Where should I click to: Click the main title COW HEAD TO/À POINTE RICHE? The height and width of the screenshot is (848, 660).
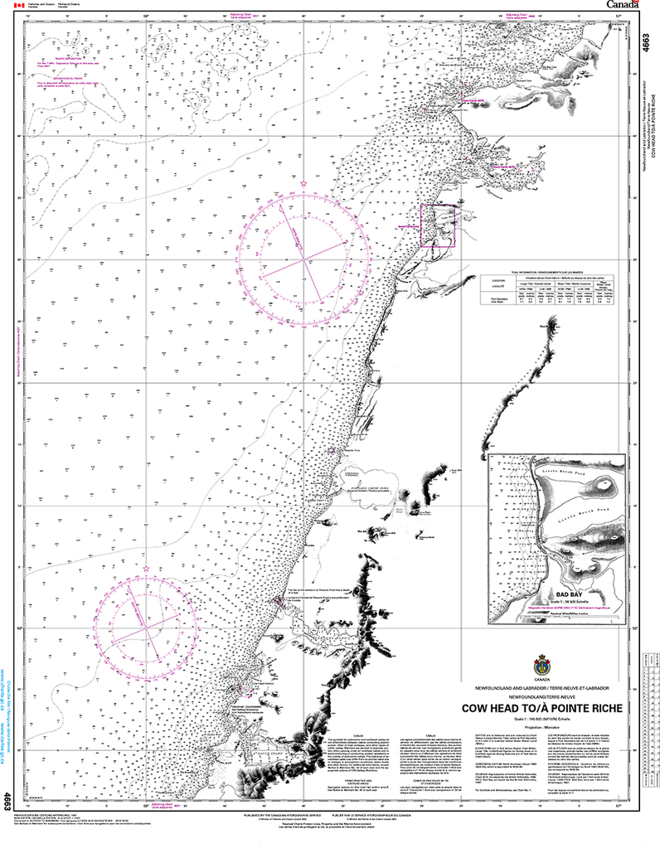coord(544,709)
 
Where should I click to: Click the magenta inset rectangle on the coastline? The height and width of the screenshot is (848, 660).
coord(439,226)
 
